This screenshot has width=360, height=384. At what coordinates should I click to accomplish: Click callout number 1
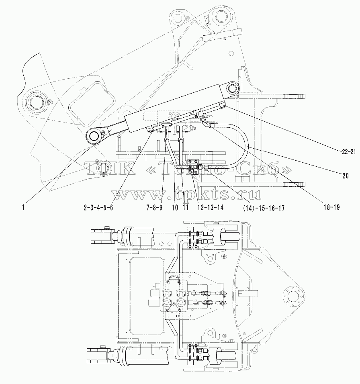tap(23, 208)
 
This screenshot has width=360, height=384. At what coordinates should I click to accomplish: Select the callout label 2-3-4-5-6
tap(98, 208)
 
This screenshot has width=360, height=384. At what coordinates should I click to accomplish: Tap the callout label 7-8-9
tap(154, 208)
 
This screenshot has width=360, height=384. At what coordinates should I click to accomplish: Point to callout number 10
tap(175, 208)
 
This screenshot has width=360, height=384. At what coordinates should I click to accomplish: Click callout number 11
tap(185, 208)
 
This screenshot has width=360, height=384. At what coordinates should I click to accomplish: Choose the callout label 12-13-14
tap(210, 208)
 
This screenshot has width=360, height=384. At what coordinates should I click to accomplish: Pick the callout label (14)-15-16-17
tap(264, 208)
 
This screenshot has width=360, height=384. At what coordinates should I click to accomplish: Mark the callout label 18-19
tap(332, 207)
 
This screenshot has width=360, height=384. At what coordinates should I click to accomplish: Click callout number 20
tap(345, 176)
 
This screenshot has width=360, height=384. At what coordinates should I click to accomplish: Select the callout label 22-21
tap(348, 151)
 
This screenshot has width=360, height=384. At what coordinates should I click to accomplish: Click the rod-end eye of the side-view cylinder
tap(94, 135)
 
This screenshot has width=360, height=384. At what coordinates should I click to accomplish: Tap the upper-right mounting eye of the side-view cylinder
tap(232, 88)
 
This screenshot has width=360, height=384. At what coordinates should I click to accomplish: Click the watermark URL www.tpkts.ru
tap(186, 194)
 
